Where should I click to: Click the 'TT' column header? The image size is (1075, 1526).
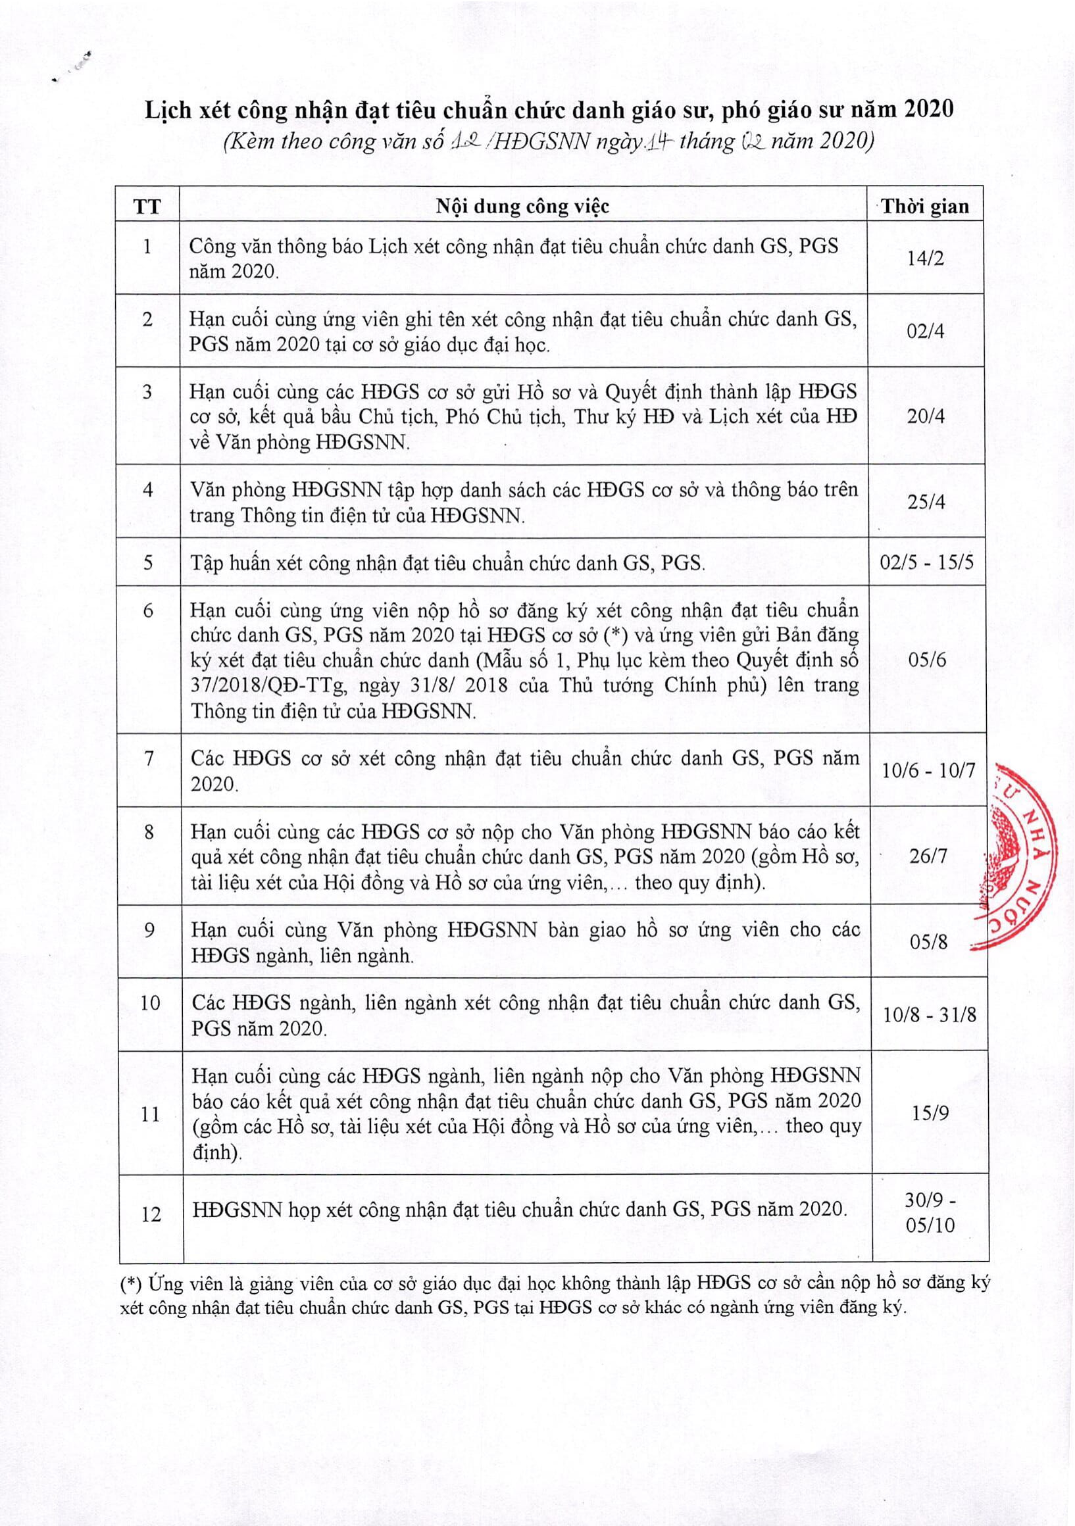[x=147, y=206]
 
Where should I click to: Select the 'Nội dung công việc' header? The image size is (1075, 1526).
[x=522, y=206]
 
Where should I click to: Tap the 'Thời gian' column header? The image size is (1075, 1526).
[x=926, y=207]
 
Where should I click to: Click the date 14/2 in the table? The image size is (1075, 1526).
[x=926, y=258]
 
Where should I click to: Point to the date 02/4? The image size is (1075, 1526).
[x=926, y=331]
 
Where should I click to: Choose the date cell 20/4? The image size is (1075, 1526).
[x=926, y=417]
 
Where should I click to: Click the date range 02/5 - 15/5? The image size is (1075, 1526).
[x=927, y=562]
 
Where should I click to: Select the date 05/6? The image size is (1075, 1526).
[x=928, y=660]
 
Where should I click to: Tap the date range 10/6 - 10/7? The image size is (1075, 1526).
[x=928, y=771]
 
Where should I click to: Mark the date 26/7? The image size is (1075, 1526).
[x=928, y=856]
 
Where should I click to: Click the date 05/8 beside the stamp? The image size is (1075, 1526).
[x=928, y=942]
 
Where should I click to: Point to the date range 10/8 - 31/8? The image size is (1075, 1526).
[x=930, y=1015]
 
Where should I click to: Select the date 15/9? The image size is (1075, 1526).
[x=930, y=1114]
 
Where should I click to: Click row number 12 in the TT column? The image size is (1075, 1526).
[x=151, y=1214]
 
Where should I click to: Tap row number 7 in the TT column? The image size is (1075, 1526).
[x=149, y=758]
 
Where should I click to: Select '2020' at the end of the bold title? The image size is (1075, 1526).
[x=929, y=110]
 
